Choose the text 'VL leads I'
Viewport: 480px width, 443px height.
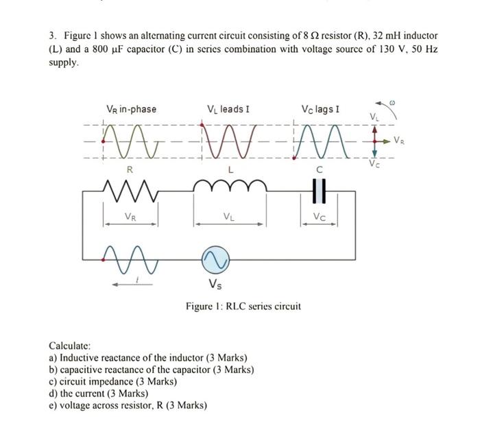click(228, 109)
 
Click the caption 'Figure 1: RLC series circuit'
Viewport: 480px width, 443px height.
click(243, 306)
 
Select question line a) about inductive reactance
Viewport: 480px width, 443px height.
click(148, 358)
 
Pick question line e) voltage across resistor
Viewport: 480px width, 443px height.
click(128, 405)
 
